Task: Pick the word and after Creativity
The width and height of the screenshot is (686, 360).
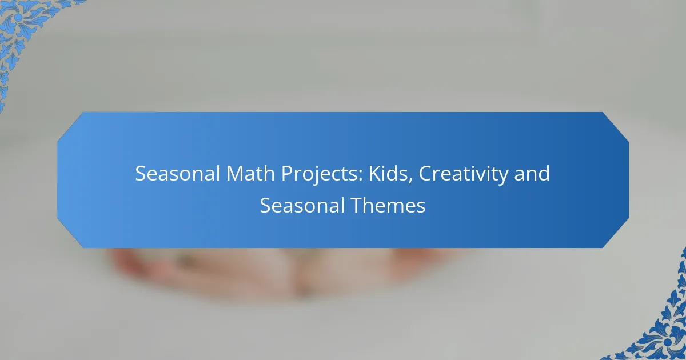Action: (534, 174)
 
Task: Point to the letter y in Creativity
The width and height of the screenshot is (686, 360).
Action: (509, 177)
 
